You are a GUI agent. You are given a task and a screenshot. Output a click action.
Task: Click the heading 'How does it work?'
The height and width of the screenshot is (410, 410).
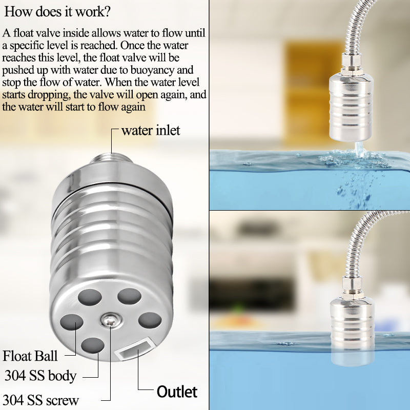(x=57, y=12)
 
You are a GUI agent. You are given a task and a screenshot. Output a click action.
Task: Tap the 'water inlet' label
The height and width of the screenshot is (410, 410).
(x=151, y=130)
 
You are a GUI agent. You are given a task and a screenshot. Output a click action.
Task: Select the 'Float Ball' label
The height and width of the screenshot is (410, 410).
(x=30, y=356)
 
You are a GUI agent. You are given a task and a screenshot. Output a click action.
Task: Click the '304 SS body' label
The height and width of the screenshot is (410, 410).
(x=40, y=376)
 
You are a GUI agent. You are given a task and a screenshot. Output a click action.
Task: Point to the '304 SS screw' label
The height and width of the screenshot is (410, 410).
(x=40, y=400)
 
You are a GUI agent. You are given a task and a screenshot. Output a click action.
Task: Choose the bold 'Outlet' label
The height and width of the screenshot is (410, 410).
(x=177, y=392)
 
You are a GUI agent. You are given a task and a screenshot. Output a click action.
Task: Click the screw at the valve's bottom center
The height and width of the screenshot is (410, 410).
(x=111, y=320)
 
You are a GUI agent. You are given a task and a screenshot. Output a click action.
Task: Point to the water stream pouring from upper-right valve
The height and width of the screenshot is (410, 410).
(x=359, y=150)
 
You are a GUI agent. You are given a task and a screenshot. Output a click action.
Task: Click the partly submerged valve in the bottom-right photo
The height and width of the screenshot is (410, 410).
(x=352, y=332)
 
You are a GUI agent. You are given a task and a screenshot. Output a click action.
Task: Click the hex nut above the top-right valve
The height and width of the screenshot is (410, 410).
(x=352, y=63)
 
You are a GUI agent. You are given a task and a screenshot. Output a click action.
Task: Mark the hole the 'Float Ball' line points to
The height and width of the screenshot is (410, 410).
(x=72, y=322)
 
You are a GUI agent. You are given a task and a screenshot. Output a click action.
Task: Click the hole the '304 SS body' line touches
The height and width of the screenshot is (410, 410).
(x=93, y=345)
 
